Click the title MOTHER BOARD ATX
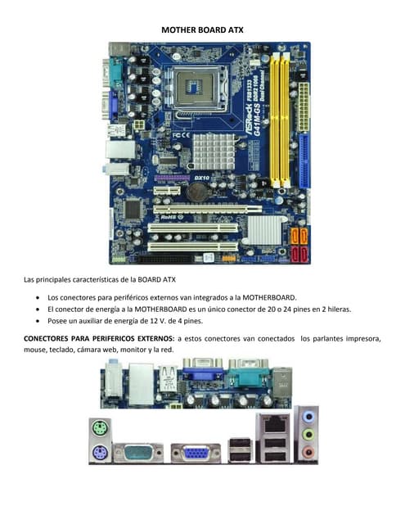[x=202, y=29]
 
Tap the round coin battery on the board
[x=197, y=192]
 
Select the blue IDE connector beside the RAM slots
[x=304, y=160]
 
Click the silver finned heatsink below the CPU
[x=214, y=151]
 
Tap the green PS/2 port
[x=100, y=427]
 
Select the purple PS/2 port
[x=100, y=453]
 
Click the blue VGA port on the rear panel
[x=196, y=453]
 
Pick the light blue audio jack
[x=308, y=417]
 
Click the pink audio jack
[x=308, y=453]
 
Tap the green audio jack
[x=308, y=435]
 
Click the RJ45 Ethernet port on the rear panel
[x=275, y=424]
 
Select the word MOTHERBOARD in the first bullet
[x=269, y=297]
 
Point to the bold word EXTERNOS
[x=156, y=338]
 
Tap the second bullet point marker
[x=38, y=309]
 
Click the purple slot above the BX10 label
[x=172, y=178]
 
